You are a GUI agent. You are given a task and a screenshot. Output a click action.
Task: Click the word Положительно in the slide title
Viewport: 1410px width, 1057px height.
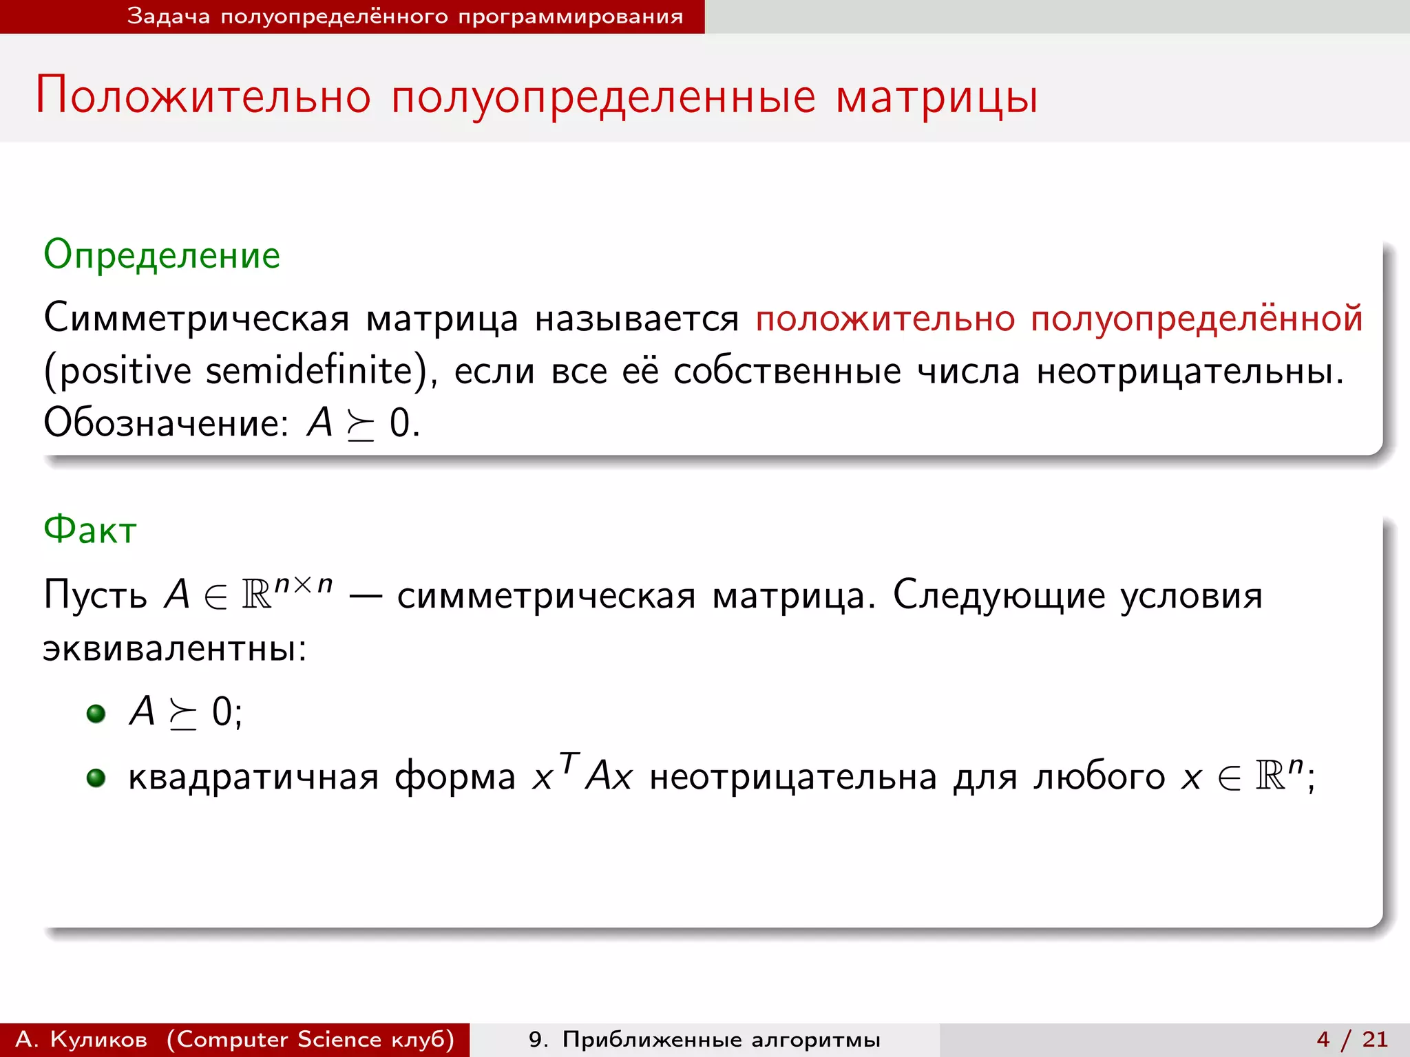pyautogui.click(x=203, y=96)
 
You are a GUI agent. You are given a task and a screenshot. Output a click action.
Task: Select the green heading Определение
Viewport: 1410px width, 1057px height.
pyautogui.click(x=162, y=255)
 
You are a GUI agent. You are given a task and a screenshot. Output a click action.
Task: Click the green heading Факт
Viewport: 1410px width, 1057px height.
pyautogui.click(x=90, y=530)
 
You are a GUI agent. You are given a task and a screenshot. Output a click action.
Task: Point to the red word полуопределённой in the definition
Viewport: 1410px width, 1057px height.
pyautogui.click(x=1197, y=319)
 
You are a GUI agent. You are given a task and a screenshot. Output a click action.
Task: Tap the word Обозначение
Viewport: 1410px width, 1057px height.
pyautogui.click(x=165, y=423)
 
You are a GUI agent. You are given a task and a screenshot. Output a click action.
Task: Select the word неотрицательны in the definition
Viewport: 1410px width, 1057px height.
pyautogui.click(x=1189, y=371)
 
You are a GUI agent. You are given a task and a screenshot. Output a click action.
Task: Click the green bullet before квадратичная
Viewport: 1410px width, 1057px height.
pyautogui.click(x=96, y=778)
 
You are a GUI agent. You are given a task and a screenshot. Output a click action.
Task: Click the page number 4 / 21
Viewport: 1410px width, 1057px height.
pyautogui.click(x=1352, y=1039)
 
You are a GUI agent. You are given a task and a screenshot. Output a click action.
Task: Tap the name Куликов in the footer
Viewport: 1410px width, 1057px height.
pyautogui.click(x=98, y=1039)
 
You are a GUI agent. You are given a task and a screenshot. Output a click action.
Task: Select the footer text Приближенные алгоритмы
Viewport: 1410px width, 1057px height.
pyautogui.click(x=721, y=1039)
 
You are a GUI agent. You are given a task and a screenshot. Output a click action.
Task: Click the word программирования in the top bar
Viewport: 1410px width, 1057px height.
pyautogui.click(x=570, y=17)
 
